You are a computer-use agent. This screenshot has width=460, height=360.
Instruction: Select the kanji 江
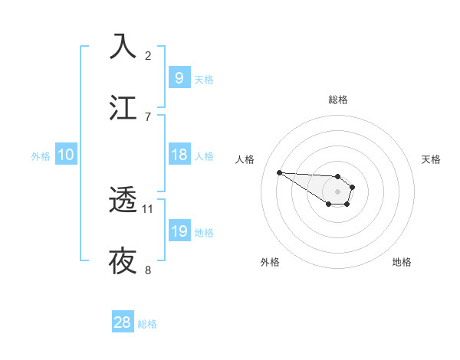click(x=123, y=107)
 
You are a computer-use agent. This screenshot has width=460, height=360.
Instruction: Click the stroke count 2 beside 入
click(x=148, y=55)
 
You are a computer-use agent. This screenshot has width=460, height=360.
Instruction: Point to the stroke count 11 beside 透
click(x=148, y=208)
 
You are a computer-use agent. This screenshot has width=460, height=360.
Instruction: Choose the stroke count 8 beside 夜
click(x=148, y=270)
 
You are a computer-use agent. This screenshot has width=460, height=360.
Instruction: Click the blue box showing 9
click(x=179, y=77)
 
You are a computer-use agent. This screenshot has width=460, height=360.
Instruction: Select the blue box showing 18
click(x=179, y=155)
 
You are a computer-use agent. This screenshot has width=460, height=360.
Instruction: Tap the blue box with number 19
click(x=179, y=231)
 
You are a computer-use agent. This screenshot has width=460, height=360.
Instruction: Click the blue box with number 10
click(x=65, y=155)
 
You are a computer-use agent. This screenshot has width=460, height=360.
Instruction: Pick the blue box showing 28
click(x=122, y=322)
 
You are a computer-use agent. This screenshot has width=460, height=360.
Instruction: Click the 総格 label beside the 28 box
click(x=147, y=324)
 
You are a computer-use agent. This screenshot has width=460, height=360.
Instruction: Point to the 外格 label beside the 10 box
click(x=41, y=156)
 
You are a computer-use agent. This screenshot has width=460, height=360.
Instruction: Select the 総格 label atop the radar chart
click(x=337, y=100)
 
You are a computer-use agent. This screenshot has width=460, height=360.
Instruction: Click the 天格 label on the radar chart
click(x=431, y=159)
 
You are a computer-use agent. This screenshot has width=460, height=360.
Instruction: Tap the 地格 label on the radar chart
click(x=402, y=262)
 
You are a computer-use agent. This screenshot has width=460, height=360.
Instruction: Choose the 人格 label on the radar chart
click(x=245, y=159)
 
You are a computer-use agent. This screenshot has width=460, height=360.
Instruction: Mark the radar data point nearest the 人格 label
click(x=279, y=172)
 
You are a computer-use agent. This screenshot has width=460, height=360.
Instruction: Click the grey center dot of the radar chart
click(x=337, y=191)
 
